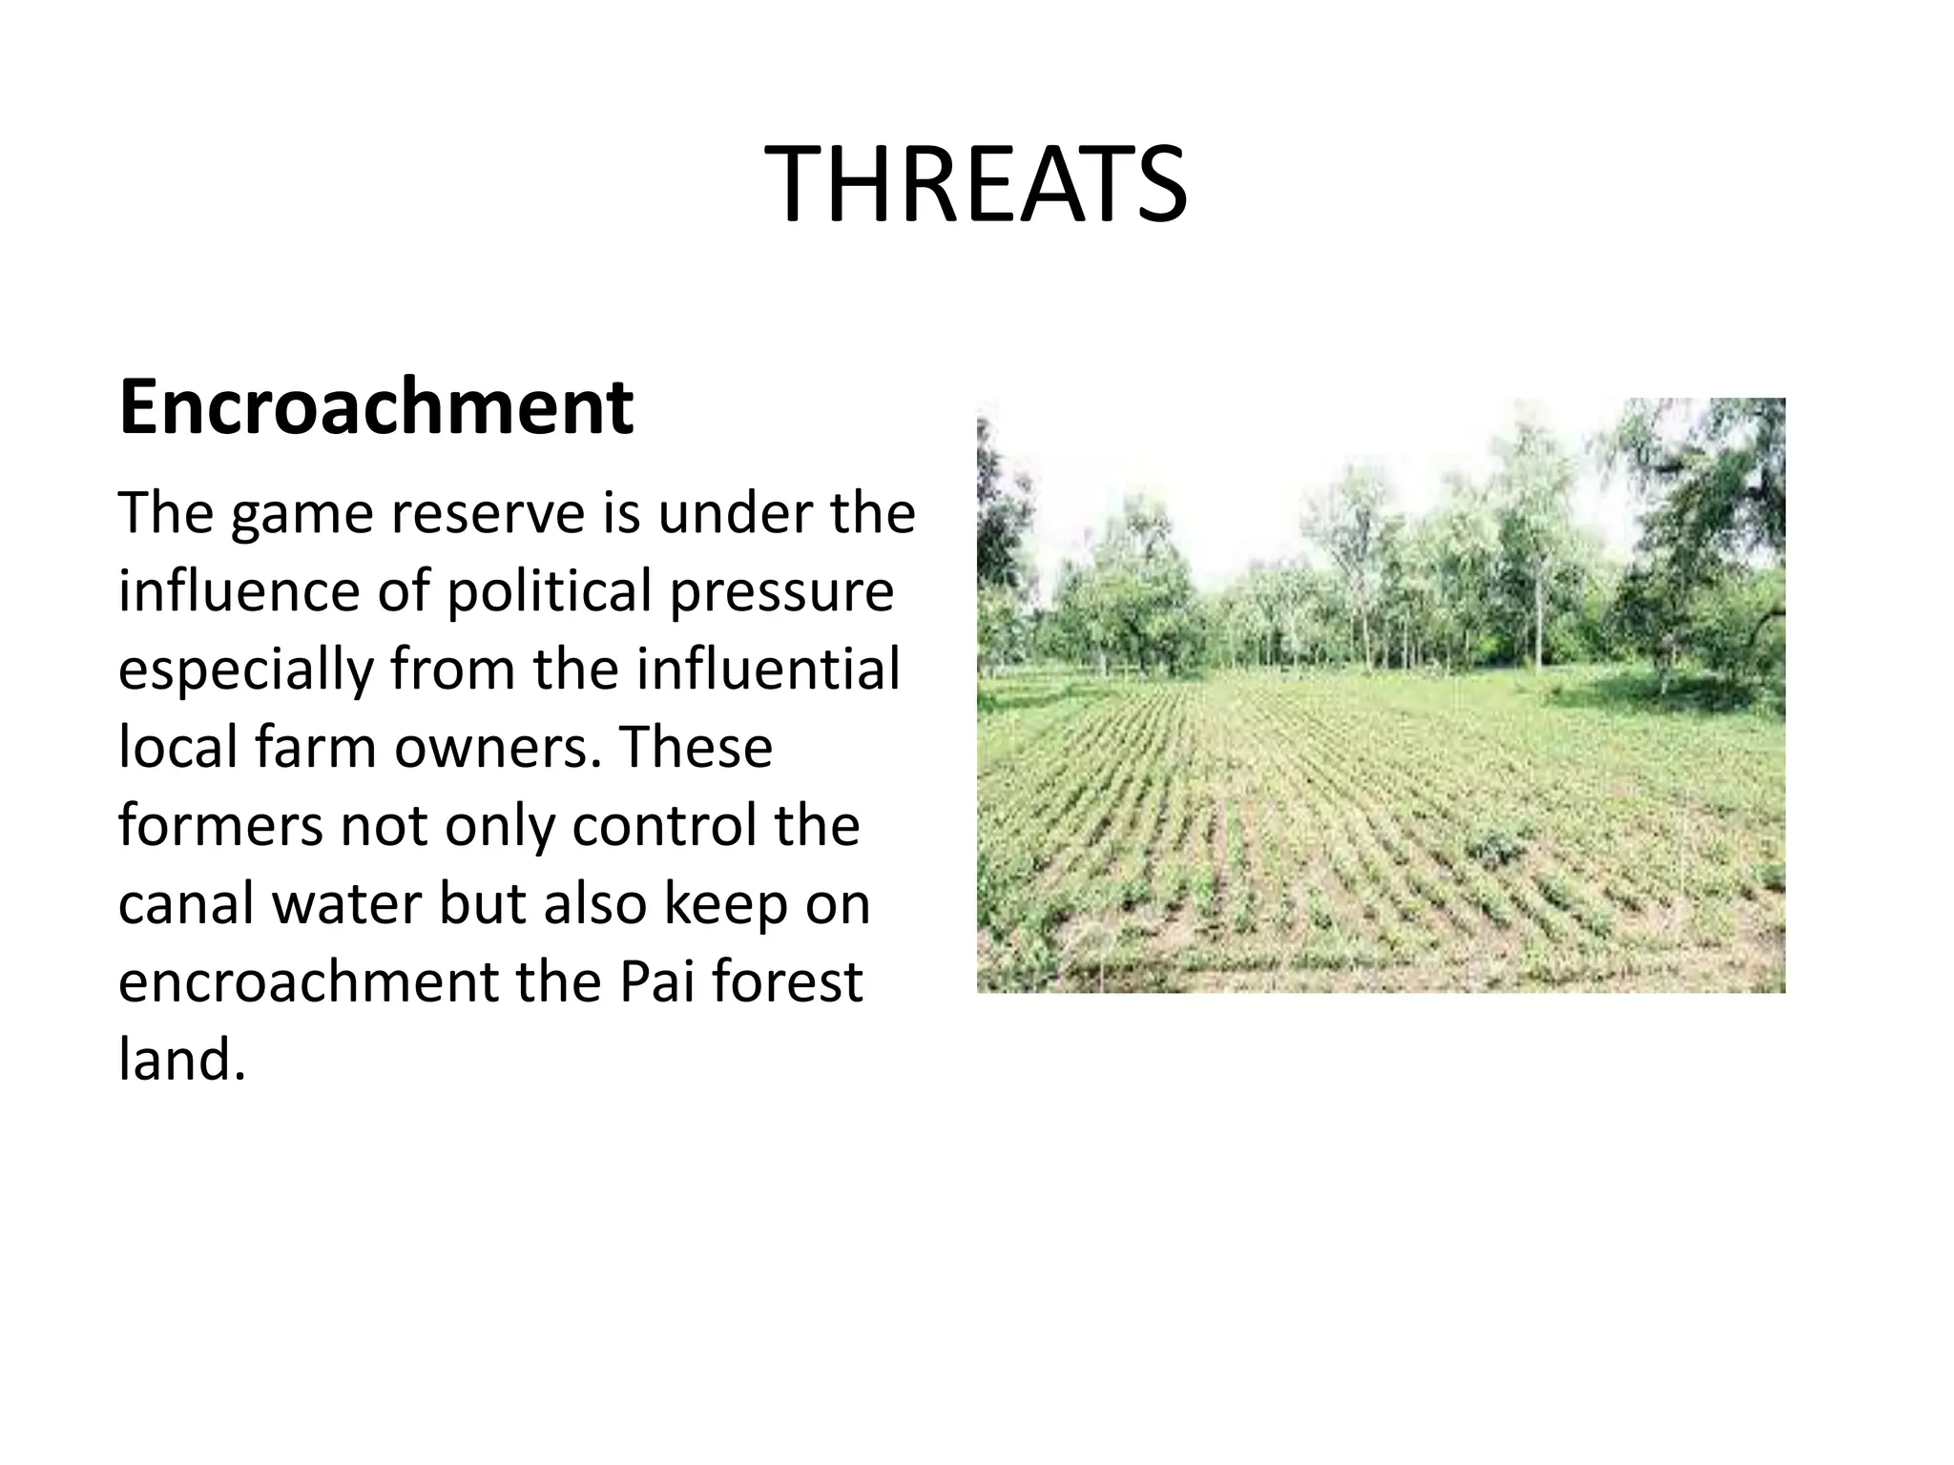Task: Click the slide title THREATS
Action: click(x=976, y=185)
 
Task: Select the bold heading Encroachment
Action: click(x=376, y=407)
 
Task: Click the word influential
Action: click(x=768, y=670)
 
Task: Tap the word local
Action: click(x=177, y=748)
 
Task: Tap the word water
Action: click(x=346, y=904)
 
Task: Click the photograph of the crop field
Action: click(x=1381, y=695)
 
